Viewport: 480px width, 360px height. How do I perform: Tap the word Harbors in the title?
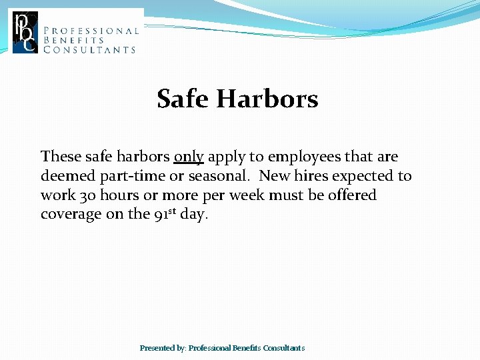(267, 99)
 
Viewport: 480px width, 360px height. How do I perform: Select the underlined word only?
(189, 157)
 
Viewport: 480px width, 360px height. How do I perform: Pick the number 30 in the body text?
(88, 195)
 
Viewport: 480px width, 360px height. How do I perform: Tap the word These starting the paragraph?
(61, 157)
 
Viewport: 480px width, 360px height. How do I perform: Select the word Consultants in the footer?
(284, 348)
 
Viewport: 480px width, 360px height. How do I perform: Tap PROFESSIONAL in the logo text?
(91, 31)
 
